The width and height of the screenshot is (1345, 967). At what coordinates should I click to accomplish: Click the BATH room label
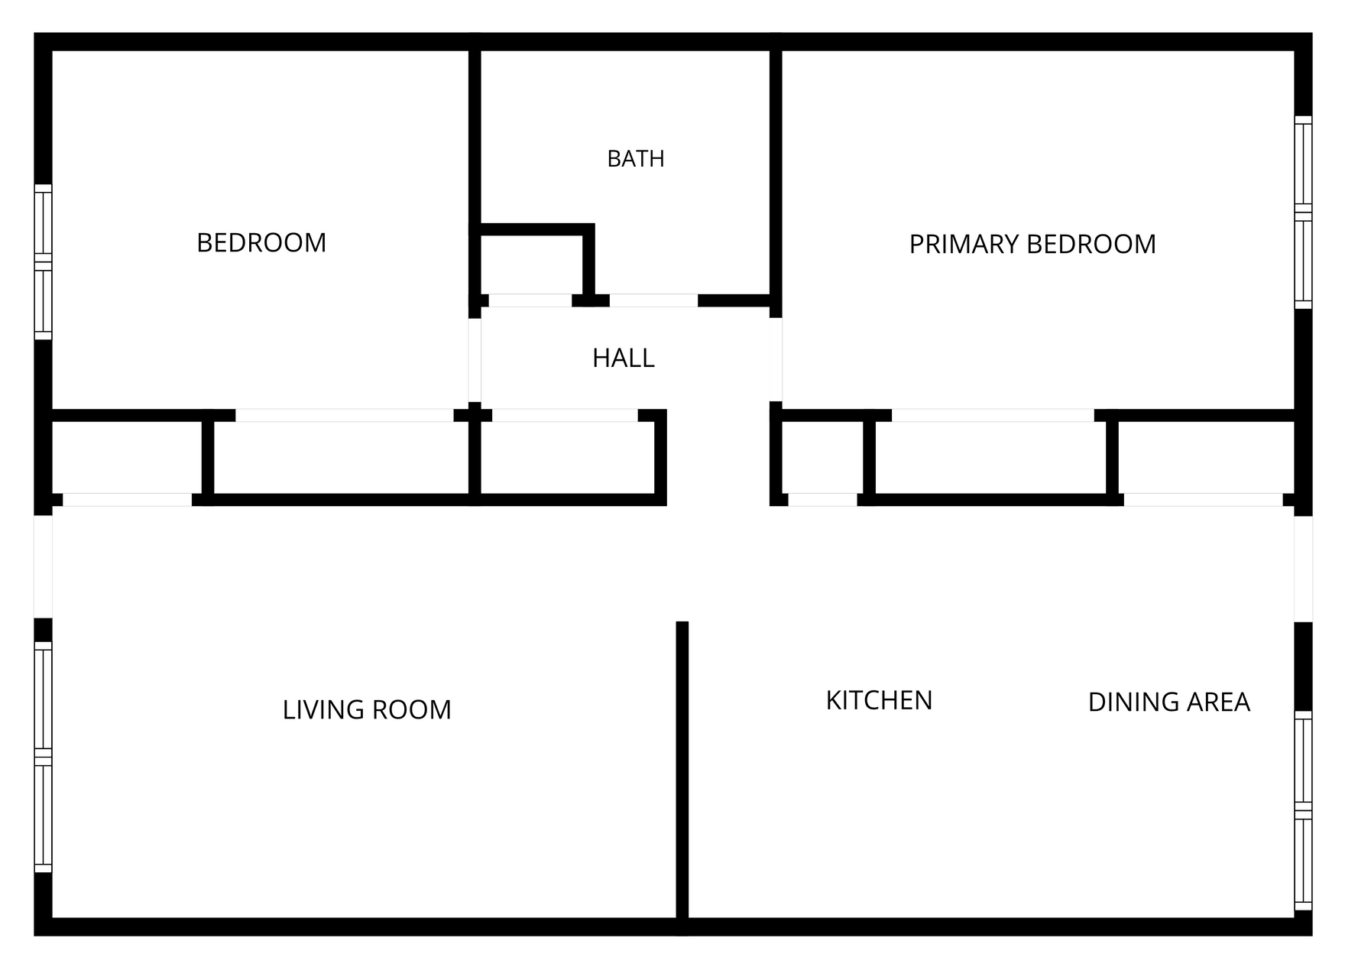pos(635,159)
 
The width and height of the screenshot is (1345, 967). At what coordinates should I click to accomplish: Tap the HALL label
pos(624,359)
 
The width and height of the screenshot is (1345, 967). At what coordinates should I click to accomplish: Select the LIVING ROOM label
pos(367,710)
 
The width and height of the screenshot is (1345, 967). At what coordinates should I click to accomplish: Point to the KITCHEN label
pos(879,701)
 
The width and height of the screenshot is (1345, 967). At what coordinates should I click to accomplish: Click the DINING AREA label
pos(1168,702)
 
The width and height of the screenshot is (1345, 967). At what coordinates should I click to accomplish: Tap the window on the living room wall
pos(44,757)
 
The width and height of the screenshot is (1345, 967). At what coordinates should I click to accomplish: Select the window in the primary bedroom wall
pos(1303,213)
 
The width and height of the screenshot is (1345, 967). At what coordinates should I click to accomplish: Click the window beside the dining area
pos(1303,811)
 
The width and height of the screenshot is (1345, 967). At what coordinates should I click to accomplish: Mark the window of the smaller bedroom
pos(44,261)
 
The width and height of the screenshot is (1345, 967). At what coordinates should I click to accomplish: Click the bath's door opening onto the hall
pos(653,300)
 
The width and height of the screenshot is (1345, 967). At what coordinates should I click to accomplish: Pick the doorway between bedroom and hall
pos(475,359)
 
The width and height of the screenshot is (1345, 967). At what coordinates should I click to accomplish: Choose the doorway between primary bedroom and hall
pos(776,359)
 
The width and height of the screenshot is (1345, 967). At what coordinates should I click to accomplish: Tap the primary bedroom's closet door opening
pos(993,415)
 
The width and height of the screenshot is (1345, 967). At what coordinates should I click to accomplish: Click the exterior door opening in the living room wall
pos(44,566)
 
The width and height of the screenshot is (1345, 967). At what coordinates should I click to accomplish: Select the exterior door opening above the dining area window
pos(1303,569)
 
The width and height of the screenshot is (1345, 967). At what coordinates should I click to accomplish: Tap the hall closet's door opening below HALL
pos(565,415)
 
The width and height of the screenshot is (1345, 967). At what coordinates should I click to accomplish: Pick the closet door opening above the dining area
pos(1203,500)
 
